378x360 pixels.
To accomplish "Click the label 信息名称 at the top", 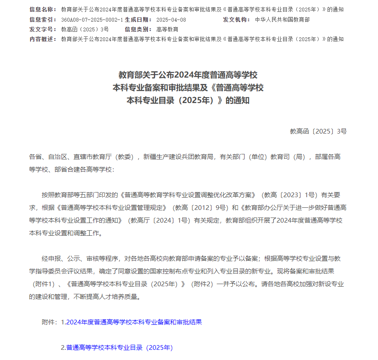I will [x=42, y=9].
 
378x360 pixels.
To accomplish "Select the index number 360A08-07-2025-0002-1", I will [x=92, y=20].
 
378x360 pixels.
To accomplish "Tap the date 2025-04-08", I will [x=171, y=20].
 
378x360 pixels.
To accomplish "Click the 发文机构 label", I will [x=237, y=20].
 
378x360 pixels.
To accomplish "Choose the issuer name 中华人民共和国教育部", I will [x=282, y=20].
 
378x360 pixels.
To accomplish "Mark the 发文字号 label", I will [x=42, y=29].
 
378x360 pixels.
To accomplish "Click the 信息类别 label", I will [x=139, y=29].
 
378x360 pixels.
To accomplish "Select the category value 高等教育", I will [x=167, y=29].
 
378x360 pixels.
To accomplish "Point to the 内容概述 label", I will [x=42, y=39].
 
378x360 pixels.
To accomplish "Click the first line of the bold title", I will [x=188, y=75].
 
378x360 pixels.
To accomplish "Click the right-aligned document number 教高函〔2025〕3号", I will [x=318, y=131].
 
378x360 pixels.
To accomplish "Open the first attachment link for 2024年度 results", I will [x=131, y=322].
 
